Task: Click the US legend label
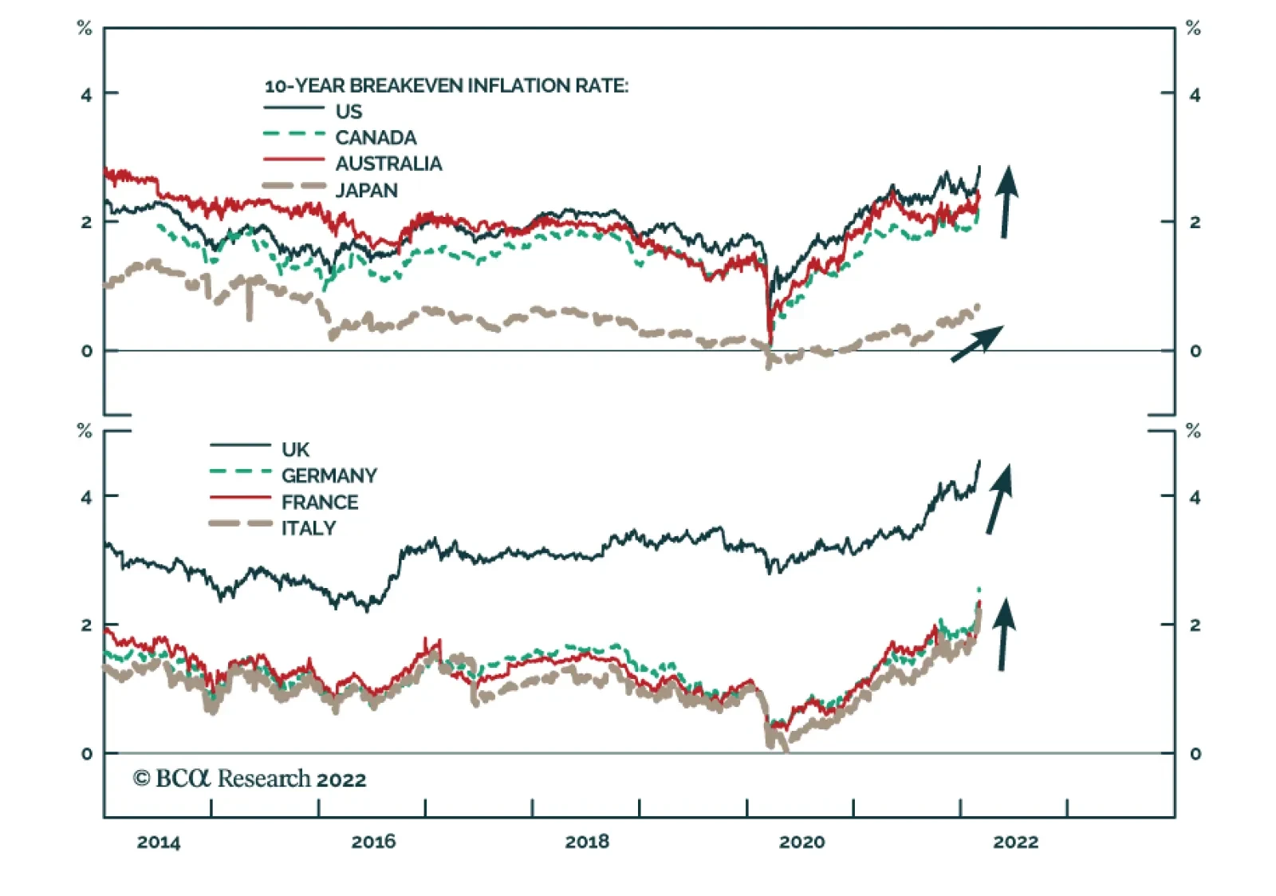point(349,111)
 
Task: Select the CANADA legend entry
point(376,137)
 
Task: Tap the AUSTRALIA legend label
point(388,164)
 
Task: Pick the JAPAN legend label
point(366,190)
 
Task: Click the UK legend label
point(295,449)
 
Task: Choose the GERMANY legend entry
point(329,476)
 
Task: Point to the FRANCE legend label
point(320,502)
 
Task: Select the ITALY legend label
point(309,528)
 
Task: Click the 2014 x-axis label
point(159,842)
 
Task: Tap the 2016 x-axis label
point(373,842)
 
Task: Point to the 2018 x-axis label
point(587,842)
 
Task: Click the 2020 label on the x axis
point(801,842)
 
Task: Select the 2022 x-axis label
point(1015,842)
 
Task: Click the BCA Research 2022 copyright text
point(250,779)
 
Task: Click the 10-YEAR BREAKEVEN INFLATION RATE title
point(446,85)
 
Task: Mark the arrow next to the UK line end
point(1000,498)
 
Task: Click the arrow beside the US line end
point(1006,201)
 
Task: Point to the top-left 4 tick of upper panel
point(86,94)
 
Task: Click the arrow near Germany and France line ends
point(1003,634)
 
